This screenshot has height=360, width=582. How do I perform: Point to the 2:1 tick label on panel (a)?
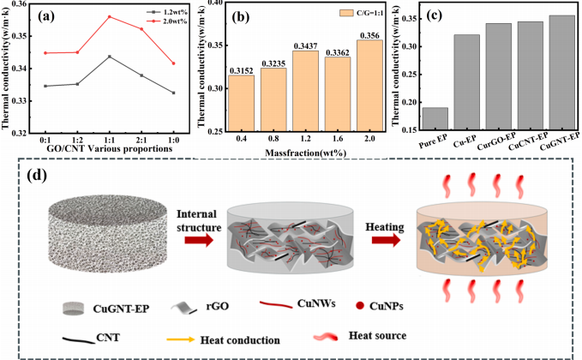[141, 137]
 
